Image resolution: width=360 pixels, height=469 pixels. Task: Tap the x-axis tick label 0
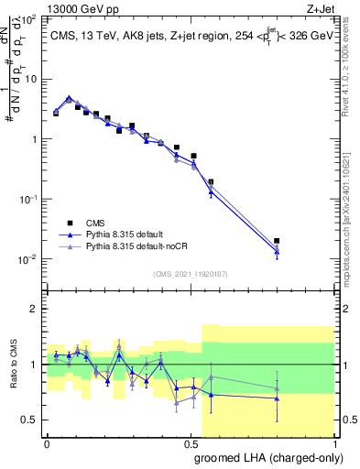click(x=47, y=442)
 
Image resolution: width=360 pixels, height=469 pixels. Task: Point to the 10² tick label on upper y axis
click(x=28, y=19)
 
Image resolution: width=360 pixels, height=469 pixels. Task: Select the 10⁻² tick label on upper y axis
click(x=28, y=259)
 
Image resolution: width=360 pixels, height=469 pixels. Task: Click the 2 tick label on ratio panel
click(x=34, y=309)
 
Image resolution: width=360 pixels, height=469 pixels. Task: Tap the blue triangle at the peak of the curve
click(x=70, y=98)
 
